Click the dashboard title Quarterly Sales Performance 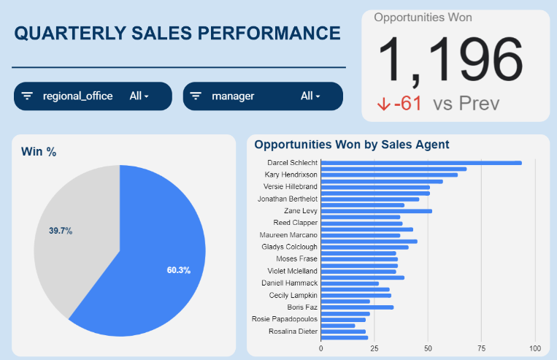177,34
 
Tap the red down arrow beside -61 383,104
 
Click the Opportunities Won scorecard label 423,18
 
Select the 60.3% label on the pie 178,270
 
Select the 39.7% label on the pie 61,231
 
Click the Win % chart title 39,152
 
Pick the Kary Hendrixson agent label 290,175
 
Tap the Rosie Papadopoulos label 285,319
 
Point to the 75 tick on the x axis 482,348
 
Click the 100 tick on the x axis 535,348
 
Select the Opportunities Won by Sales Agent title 351,145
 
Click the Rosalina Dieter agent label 293,332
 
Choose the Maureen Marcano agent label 288,235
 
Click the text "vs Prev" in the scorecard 466,104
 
